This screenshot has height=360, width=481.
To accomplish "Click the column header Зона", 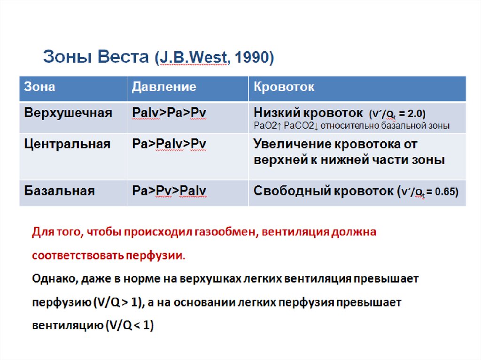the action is [x=39, y=87].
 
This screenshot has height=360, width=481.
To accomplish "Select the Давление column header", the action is [x=164, y=87].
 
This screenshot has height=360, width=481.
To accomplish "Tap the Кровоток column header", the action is [x=284, y=87].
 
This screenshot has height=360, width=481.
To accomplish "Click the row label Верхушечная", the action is [x=68, y=113].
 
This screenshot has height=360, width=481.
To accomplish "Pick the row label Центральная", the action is [x=68, y=144].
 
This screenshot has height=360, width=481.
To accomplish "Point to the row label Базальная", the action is [x=60, y=191].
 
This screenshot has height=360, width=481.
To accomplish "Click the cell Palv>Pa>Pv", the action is [x=169, y=113].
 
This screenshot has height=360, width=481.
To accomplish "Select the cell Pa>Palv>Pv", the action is [x=169, y=144].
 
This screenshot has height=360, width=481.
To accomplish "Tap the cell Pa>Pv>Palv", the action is [x=169, y=191].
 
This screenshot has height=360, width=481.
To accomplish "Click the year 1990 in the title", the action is [x=254, y=57].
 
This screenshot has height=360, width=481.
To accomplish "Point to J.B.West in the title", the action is [x=192, y=57].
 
